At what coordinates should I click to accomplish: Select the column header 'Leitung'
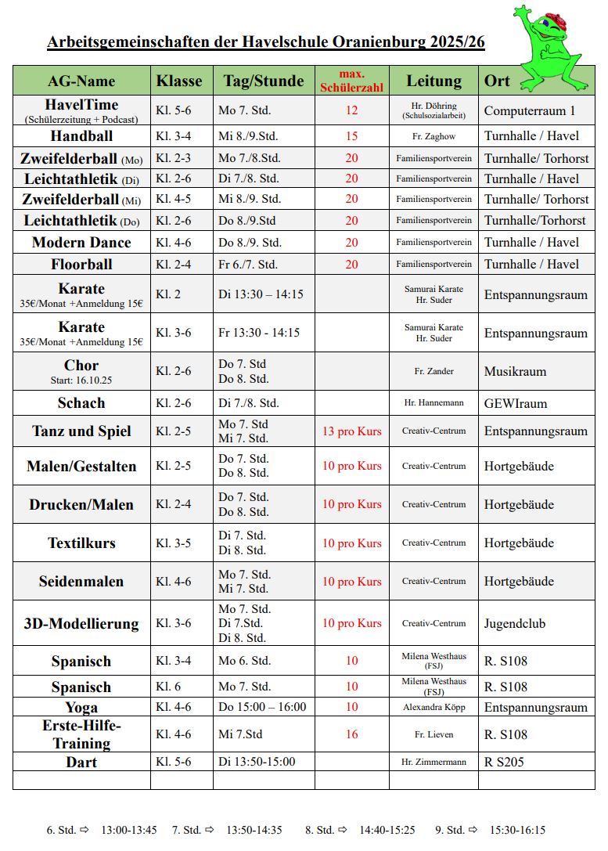[434, 81]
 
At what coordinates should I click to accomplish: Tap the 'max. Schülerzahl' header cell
[351, 81]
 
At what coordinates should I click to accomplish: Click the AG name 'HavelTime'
[81, 105]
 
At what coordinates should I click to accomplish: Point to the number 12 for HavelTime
[351, 111]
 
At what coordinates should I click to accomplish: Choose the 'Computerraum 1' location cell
[530, 111]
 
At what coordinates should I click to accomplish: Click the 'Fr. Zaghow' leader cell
[434, 136]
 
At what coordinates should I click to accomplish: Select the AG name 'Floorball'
[81, 265]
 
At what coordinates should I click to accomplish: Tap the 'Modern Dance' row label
[81, 243]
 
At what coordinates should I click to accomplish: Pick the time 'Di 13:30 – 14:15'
[261, 295]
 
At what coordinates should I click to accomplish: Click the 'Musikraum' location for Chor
[515, 372]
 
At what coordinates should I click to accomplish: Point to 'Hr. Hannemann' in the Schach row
[434, 403]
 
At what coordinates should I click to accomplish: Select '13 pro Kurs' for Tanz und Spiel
[352, 431]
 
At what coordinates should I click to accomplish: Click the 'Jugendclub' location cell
[515, 624]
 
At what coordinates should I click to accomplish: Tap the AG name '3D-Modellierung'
[81, 624]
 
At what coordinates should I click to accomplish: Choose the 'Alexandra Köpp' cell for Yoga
[434, 707]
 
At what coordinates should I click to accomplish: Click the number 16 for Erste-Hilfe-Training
[351, 734]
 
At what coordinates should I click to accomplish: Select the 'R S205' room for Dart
[504, 762]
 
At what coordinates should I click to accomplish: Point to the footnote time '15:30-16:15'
[518, 830]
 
